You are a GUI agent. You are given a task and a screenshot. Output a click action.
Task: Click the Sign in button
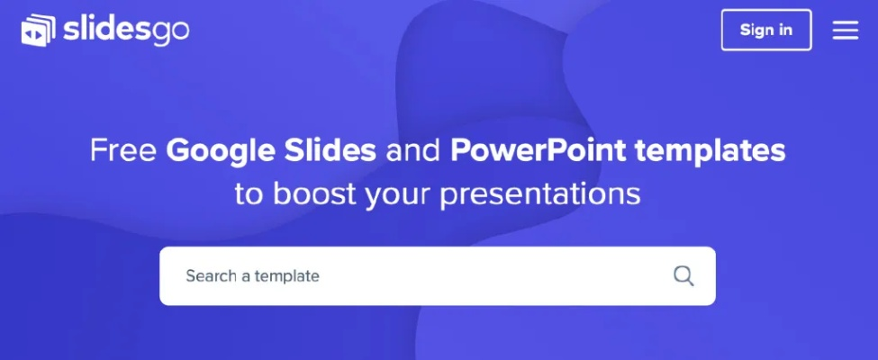[x=766, y=30]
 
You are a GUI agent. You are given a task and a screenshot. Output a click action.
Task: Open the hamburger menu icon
[x=845, y=31]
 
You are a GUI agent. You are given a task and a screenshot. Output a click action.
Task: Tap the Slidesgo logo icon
[x=38, y=31]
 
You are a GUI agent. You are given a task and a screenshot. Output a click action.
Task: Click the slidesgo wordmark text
[x=126, y=30]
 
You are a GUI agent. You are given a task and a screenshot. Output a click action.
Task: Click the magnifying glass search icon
[x=683, y=276]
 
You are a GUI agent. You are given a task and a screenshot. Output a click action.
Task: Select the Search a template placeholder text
[x=252, y=276]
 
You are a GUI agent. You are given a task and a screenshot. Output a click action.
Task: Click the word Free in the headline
[x=122, y=150]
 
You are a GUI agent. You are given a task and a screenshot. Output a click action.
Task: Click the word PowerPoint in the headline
[x=539, y=150]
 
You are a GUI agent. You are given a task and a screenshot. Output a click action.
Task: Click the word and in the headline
[x=413, y=150]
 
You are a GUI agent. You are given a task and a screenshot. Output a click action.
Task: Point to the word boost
[x=314, y=193]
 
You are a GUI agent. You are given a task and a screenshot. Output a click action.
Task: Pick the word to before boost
[x=249, y=194]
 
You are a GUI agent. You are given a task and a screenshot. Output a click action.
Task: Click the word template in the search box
[x=286, y=276]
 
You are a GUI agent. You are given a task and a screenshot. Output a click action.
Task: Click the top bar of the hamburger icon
[x=845, y=22]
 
